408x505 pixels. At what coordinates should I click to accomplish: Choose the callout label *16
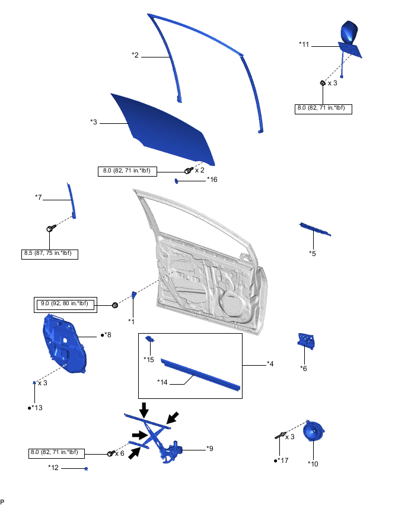(212, 180)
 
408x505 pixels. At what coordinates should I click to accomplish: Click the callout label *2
(135, 55)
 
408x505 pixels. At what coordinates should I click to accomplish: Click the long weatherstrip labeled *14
(202, 373)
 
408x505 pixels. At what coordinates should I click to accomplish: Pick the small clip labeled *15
(151, 340)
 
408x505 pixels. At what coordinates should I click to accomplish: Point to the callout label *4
(270, 363)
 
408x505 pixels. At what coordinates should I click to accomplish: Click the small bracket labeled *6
(305, 341)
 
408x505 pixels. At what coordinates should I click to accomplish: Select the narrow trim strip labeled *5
(315, 229)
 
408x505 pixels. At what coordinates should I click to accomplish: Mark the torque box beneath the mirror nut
(323, 109)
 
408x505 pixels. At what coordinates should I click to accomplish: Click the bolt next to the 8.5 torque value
(50, 228)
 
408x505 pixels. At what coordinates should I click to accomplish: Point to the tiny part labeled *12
(87, 469)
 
